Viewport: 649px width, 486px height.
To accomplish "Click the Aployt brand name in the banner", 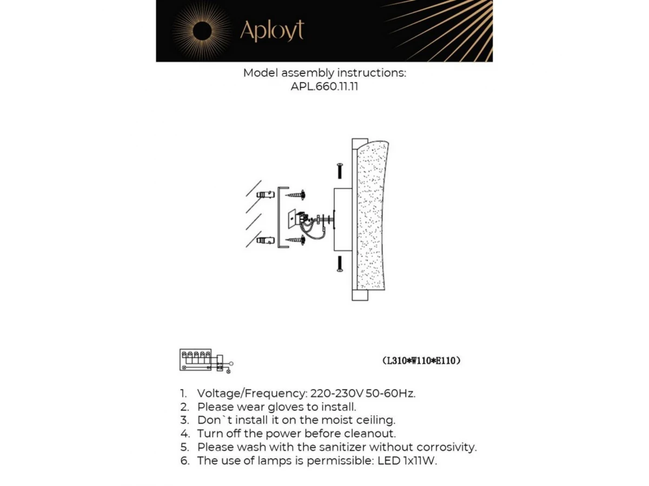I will pyautogui.click(x=271, y=31).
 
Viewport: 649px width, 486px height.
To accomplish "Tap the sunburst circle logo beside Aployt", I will pyautogui.click(x=202, y=31).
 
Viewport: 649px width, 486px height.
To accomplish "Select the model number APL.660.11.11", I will pyautogui.click(x=324, y=86).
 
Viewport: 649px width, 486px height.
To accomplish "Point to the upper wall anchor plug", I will pyautogui.click(x=264, y=194).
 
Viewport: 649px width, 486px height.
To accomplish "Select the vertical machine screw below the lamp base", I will pyautogui.click(x=339, y=264).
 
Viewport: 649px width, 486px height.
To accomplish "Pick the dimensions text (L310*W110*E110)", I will pyautogui.click(x=421, y=361).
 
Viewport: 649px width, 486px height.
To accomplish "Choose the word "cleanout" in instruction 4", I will pyautogui.click(x=370, y=434).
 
